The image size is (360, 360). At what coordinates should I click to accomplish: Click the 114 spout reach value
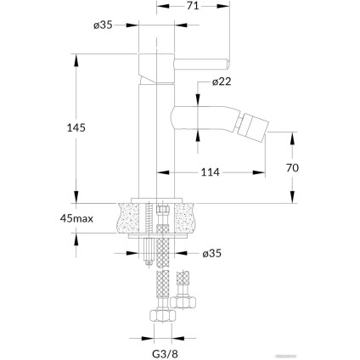(211, 173)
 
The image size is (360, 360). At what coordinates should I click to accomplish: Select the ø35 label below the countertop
(212, 252)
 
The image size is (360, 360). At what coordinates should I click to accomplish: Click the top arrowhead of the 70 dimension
(293, 135)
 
